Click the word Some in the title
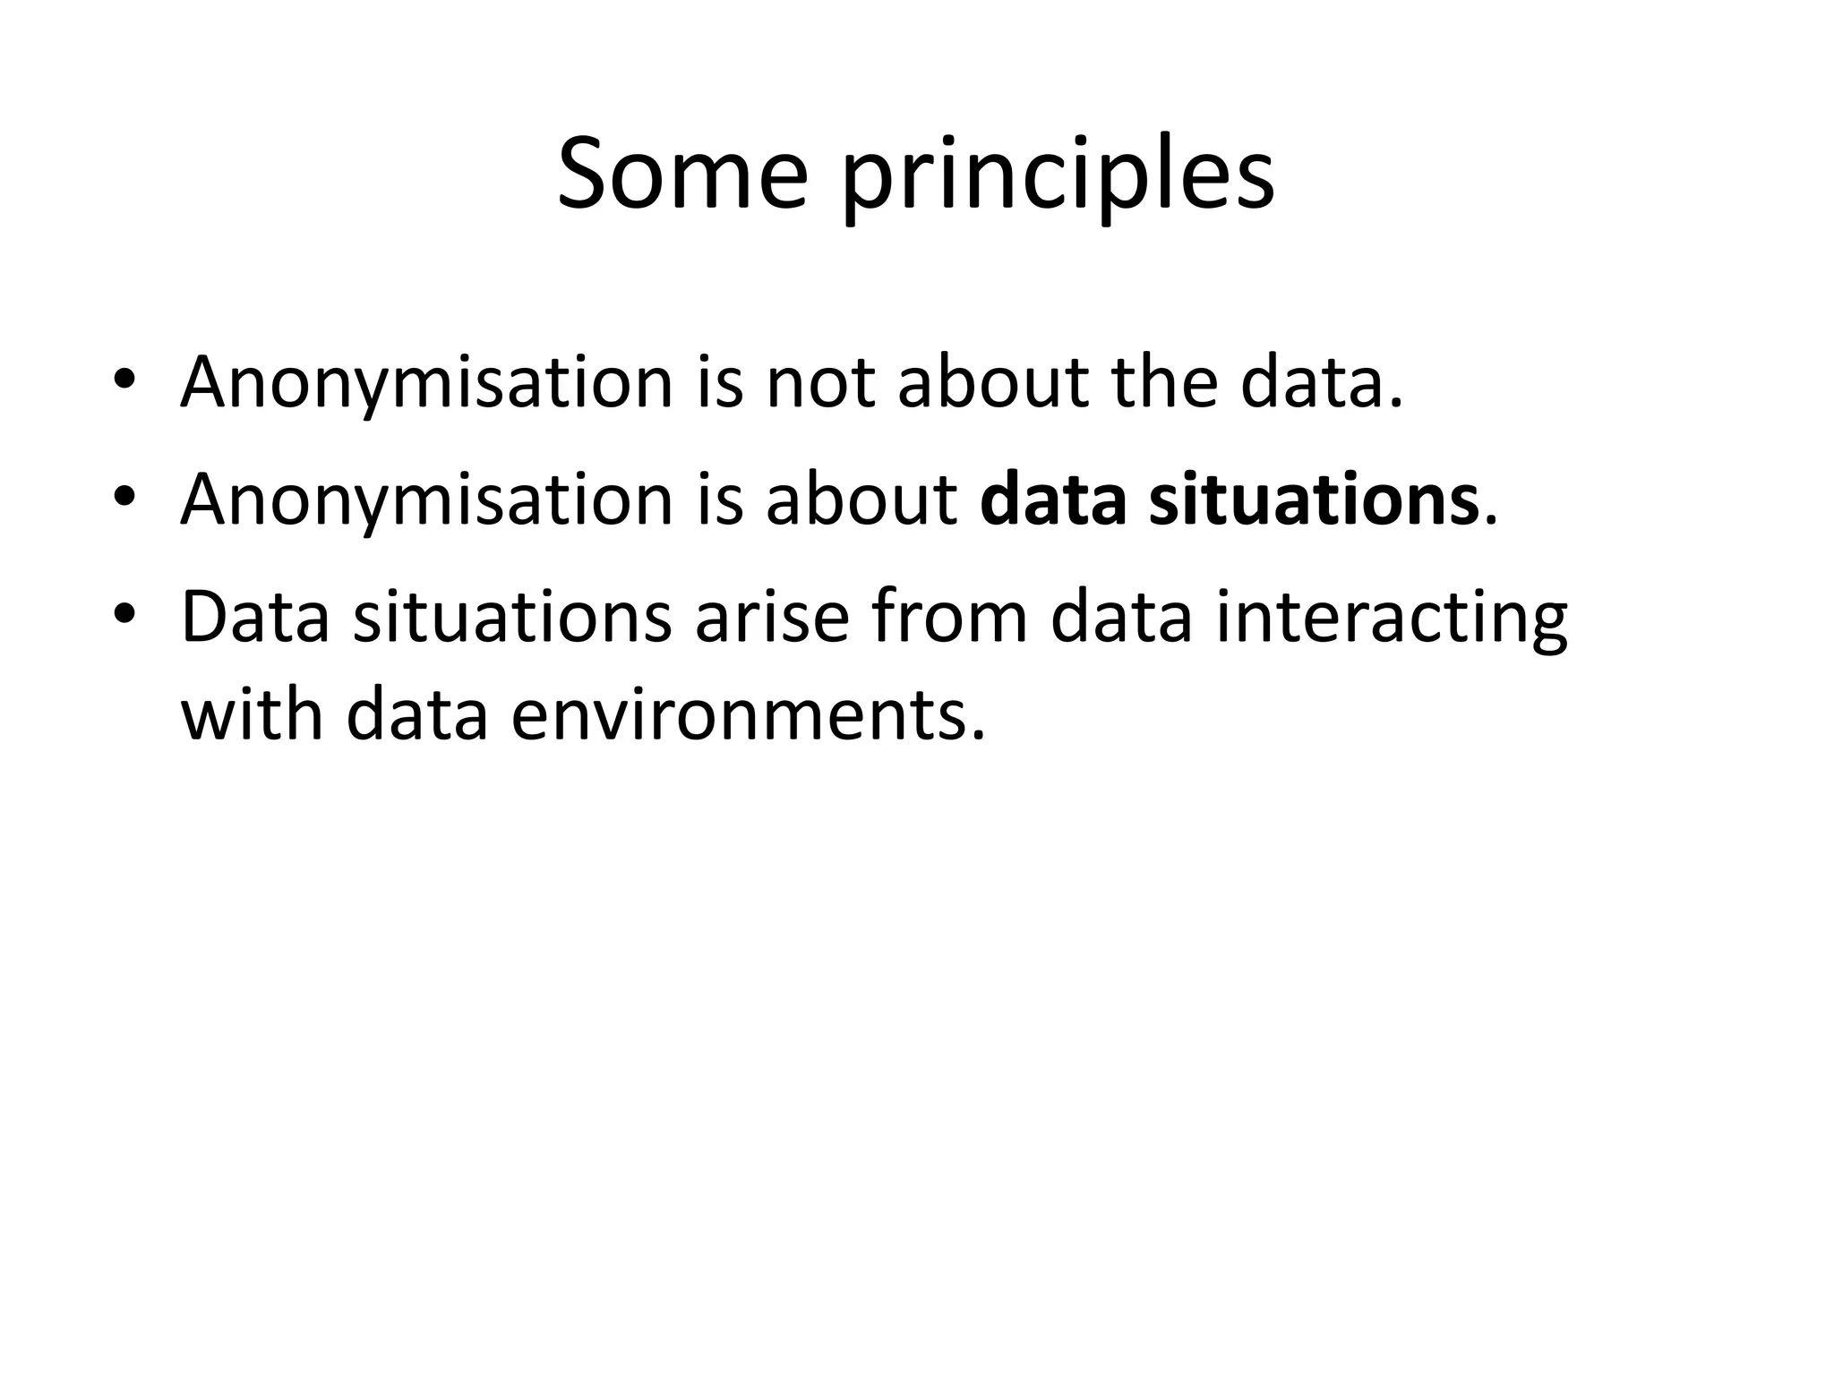(681, 174)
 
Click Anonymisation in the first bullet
(426, 383)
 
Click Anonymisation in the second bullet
(426, 500)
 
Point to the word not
(820, 383)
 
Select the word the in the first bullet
(1165, 383)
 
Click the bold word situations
(1314, 500)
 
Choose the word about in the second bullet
(862, 500)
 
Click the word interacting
(1392, 618)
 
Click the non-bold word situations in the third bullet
(511, 618)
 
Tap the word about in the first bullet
(993, 383)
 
